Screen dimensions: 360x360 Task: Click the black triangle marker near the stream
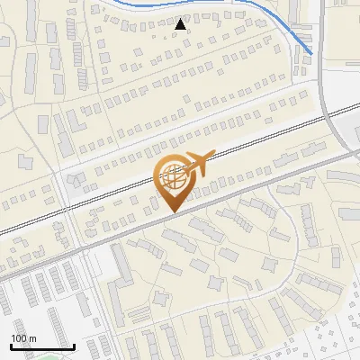181,23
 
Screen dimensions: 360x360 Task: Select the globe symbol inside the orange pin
173,177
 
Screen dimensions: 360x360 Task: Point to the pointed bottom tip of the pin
174,211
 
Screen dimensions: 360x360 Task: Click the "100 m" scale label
23,338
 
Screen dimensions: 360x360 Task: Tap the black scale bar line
41,346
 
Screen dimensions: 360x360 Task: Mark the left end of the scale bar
10,346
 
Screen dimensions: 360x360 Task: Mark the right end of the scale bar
74,346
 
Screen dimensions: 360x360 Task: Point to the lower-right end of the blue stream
311,53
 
